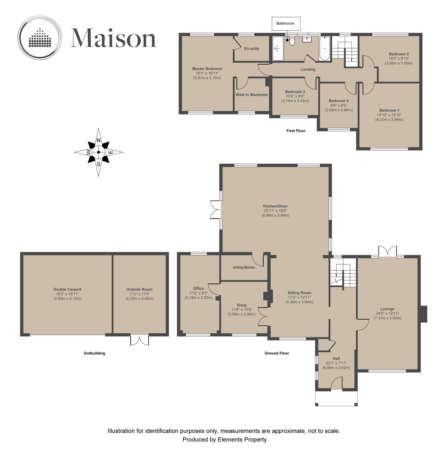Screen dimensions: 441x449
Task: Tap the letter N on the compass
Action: point(98,140)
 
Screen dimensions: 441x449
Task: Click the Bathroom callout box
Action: point(285,24)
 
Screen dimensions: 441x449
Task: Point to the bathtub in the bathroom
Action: point(325,48)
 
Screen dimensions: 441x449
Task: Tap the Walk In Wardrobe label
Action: point(252,95)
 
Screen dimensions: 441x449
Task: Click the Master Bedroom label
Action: point(207,69)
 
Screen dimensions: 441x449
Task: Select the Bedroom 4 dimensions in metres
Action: point(338,110)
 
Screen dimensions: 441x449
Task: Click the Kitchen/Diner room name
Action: point(275,206)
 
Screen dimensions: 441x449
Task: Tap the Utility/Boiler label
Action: point(244,267)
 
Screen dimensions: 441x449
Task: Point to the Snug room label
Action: point(242,305)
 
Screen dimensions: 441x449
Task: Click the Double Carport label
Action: point(68,289)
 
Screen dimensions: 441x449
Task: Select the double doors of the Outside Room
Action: point(139,340)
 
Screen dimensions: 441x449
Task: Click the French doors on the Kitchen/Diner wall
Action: point(215,209)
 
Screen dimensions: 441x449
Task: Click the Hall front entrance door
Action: point(336,383)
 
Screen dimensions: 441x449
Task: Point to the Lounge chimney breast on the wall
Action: point(424,314)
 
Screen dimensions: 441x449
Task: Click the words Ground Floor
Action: point(277,353)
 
